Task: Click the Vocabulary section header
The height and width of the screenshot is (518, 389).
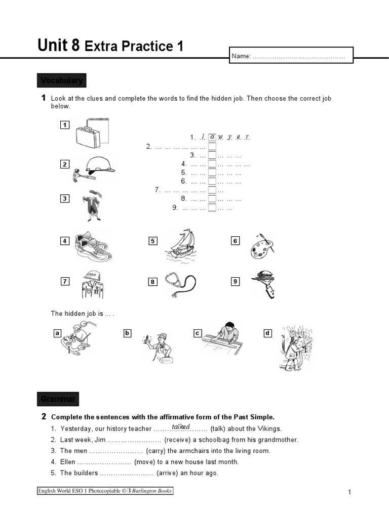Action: (x=61, y=81)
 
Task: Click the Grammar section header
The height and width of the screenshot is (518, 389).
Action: (x=58, y=399)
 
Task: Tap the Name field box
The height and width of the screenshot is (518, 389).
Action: (x=291, y=56)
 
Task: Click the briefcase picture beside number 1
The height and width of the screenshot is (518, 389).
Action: (x=92, y=132)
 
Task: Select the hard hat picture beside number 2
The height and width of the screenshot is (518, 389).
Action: (x=95, y=167)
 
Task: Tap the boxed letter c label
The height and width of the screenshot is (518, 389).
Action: (x=198, y=333)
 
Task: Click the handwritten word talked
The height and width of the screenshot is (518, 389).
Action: (x=180, y=427)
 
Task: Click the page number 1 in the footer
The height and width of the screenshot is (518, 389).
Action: (x=350, y=492)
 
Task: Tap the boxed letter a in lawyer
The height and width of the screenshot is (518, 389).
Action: (x=212, y=137)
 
